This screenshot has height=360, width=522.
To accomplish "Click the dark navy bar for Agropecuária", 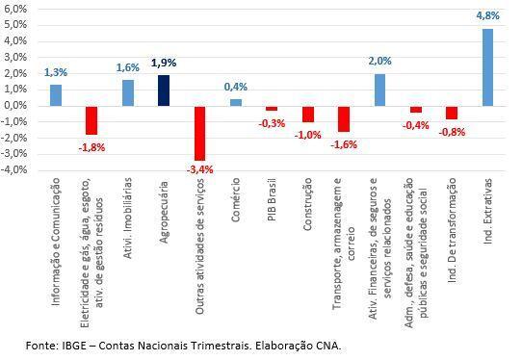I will coord(164,90).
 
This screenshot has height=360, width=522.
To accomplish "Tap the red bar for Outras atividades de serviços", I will coord(199,133).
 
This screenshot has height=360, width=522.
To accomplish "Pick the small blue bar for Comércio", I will coord(236,102).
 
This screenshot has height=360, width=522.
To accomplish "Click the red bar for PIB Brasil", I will coord(272,109).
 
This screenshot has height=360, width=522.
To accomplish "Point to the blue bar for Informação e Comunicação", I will coord(56,95).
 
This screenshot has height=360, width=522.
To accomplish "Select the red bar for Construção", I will coord(308,114).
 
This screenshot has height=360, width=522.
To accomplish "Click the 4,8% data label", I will coord(487,16).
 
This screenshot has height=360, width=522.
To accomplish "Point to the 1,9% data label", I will coord(164,63).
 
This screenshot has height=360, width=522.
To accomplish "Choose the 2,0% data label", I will coord(379,61).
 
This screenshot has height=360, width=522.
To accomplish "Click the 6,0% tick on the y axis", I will coord(16,9).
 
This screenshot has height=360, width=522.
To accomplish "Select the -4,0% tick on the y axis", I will coord(14,170).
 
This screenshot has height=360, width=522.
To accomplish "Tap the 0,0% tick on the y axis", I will coord(16,106).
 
